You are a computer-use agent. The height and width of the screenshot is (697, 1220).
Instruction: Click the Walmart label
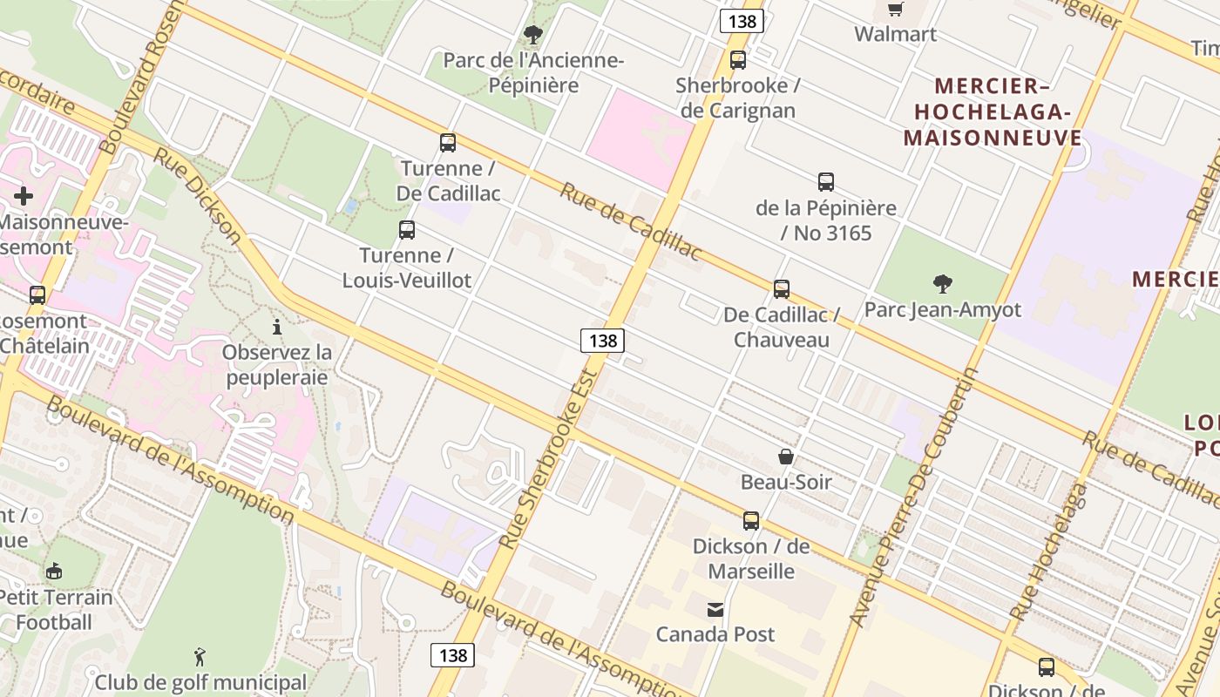pos(895,34)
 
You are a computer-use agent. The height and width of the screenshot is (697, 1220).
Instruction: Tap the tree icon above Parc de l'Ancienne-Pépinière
pos(532,35)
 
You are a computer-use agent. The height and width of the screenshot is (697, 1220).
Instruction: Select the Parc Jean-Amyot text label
pos(942,309)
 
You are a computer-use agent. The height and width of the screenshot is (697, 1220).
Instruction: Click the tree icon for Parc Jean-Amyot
pos(942,283)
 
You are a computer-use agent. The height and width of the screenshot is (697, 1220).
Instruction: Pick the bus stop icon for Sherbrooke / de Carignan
pos(738,59)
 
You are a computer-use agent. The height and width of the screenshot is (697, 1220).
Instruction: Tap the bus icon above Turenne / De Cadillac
pos(448,142)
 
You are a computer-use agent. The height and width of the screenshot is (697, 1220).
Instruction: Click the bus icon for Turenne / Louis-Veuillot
pos(407,230)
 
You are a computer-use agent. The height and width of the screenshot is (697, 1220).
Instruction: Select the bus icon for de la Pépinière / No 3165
pos(826,181)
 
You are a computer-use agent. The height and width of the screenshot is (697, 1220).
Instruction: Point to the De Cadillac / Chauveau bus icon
pos(782,288)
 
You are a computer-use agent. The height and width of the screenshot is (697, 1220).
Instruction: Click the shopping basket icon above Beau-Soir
pos(786,456)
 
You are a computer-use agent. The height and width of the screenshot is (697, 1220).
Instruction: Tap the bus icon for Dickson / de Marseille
pos(751,520)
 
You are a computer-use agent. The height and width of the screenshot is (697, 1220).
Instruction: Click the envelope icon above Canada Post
pos(715,609)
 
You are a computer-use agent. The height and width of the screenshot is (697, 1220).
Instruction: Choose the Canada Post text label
pos(715,634)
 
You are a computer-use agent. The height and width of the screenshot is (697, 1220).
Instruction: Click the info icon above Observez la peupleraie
pos(277,327)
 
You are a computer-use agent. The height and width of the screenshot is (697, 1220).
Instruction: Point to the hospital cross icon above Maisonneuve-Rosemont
pos(24,195)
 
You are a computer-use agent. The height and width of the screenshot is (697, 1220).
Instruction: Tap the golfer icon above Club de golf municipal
pos(200,656)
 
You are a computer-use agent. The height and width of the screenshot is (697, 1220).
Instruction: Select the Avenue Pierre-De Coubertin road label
pos(916,497)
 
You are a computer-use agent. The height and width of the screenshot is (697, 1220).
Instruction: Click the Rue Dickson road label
pos(198,195)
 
